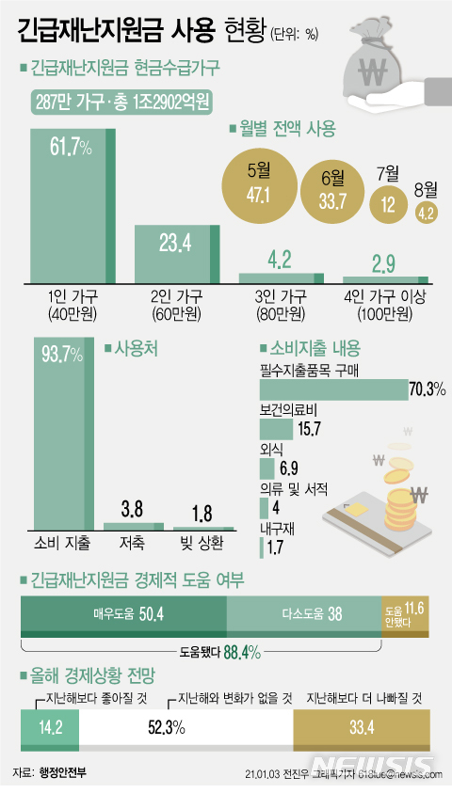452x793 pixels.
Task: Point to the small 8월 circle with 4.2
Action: (x=424, y=213)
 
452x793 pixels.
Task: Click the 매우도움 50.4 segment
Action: (x=123, y=613)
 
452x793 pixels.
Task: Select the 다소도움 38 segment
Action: (x=303, y=613)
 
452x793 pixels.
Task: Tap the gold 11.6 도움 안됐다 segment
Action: (x=406, y=613)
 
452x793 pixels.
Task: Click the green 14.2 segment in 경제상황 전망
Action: (x=49, y=726)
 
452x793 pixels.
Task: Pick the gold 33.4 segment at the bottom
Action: (x=363, y=726)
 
